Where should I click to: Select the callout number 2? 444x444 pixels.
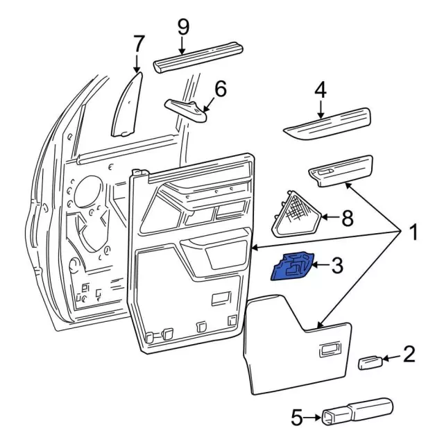(x=409, y=355)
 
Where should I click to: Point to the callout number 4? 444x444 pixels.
(x=320, y=90)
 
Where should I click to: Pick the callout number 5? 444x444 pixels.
(x=296, y=417)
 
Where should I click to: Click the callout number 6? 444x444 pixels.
(x=220, y=89)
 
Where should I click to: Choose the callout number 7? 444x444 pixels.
(x=138, y=43)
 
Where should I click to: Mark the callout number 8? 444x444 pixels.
(x=346, y=218)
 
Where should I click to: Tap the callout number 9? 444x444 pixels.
(x=182, y=27)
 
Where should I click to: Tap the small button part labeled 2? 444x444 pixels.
(x=368, y=362)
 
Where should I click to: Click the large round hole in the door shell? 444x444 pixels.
(x=86, y=198)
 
